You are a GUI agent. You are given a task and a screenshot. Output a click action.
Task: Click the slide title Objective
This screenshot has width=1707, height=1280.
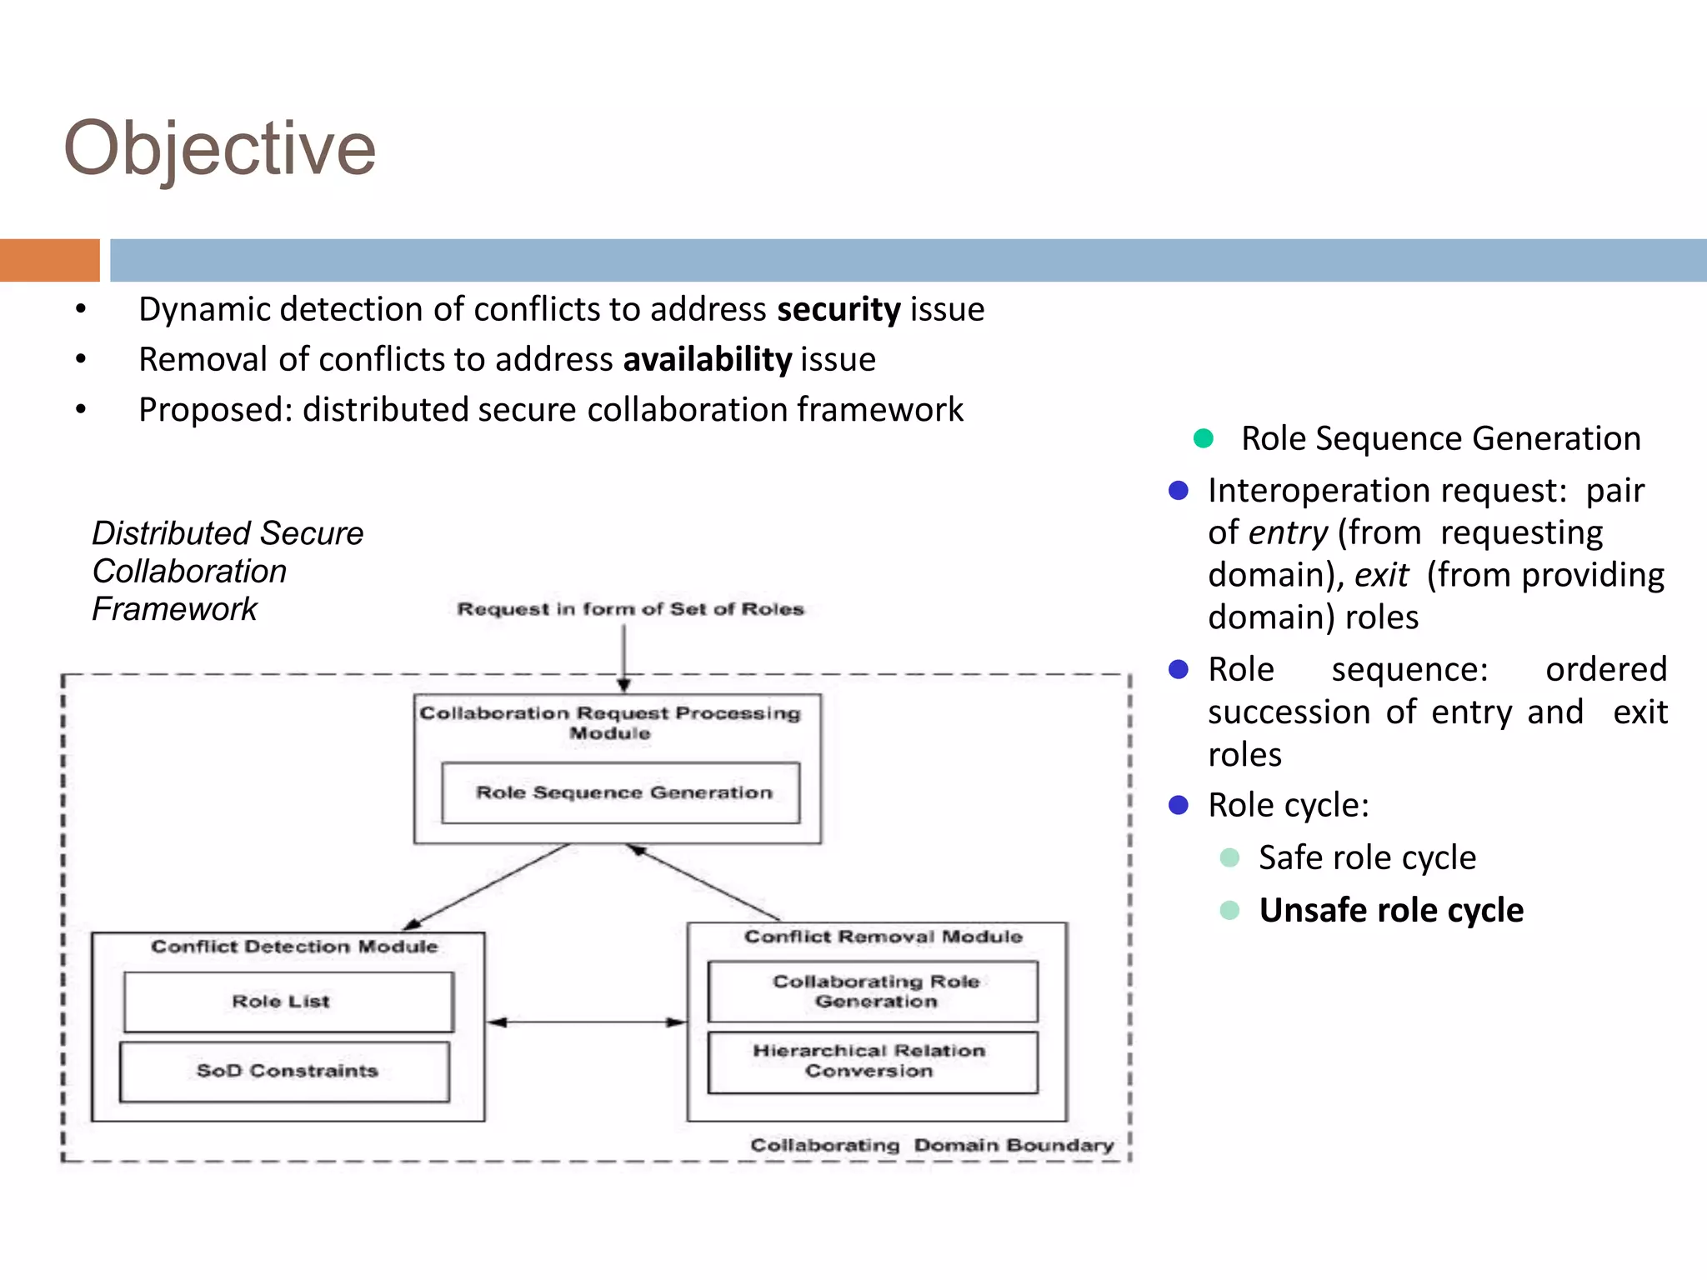[x=219, y=148]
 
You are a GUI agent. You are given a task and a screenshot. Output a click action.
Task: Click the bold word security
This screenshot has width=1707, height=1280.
[x=838, y=309]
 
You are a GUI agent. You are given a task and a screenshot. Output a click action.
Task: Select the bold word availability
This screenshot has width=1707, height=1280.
[x=707, y=359]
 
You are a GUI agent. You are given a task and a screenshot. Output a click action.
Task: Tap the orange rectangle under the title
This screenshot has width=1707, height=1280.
[x=49, y=260]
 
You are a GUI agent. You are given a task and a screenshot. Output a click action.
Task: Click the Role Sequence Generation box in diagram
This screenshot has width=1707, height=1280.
[x=621, y=792]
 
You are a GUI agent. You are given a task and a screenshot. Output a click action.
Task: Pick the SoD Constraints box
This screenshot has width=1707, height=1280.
[x=285, y=1071]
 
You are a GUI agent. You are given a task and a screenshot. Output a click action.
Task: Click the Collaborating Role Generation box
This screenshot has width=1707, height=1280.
[x=873, y=991]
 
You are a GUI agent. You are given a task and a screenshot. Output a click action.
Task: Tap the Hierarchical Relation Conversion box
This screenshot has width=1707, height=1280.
[x=872, y=1061]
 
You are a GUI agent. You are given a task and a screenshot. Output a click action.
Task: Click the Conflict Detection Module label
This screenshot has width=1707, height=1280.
[x=293, y=947]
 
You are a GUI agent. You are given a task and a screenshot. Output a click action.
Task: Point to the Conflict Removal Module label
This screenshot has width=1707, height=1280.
[x=883, y=937]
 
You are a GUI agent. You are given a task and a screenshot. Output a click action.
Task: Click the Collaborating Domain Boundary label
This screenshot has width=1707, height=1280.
[x=931, y=1145]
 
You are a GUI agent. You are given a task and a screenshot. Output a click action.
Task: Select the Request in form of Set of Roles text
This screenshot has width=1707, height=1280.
[x=630, y=609]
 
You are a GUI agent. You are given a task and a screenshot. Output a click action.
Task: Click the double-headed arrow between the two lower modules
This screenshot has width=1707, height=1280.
[x=586, y=1022]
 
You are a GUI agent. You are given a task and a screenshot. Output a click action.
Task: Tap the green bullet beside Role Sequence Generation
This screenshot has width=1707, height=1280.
[x=1203, y=438]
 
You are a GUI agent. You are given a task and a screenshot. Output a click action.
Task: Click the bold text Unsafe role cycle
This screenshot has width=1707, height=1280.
[x=1390, y=910]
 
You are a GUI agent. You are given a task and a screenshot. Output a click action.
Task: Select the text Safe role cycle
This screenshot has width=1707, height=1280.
[x=1367, y=857]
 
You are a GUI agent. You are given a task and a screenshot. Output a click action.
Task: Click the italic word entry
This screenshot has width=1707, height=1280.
[x=1287, y=533]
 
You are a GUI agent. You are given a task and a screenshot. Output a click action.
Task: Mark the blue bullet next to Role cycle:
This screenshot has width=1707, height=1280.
[x=1178, y=805]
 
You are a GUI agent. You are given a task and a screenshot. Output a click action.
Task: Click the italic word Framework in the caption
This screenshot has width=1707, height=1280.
[x=174, y=609]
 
